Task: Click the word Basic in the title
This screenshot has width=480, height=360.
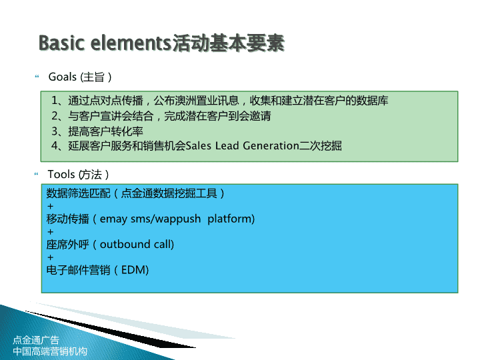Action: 61,43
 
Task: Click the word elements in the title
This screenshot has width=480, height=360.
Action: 131,43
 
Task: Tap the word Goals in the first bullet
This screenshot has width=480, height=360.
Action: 63,77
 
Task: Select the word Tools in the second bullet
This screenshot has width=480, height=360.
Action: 61,174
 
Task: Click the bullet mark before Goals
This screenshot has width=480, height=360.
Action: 37,76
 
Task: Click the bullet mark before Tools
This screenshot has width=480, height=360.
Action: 37,174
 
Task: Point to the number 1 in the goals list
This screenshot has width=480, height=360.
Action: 55,101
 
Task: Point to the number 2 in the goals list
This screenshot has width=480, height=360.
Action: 55,116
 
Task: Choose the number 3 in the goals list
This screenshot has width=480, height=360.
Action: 55,131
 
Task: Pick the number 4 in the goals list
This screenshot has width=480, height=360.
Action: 55,146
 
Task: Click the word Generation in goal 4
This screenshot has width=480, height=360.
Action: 271,146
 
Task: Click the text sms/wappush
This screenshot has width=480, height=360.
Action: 165,219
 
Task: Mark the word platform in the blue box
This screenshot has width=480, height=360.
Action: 231,219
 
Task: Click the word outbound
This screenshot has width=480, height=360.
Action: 125,244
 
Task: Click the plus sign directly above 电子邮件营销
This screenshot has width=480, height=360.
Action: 51,257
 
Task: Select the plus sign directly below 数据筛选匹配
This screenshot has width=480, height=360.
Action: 51,206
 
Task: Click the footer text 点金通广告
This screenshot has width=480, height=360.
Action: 36,340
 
